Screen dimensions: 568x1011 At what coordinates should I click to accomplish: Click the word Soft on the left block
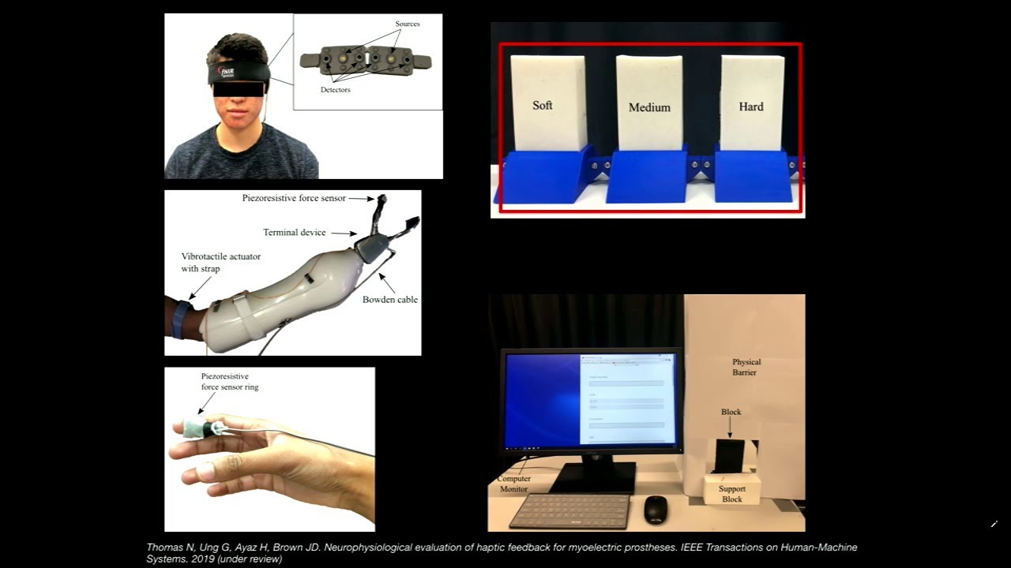(x=542, y=105)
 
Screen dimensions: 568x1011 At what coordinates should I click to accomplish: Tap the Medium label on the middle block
(x=649, y=107)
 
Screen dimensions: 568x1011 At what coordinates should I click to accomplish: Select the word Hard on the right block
(x=751, y=106)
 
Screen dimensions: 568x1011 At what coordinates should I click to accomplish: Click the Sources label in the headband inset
(x=408, y=24)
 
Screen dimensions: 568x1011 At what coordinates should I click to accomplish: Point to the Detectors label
(x=335, y=90)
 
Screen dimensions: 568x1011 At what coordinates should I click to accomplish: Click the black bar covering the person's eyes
(x=239, y=89)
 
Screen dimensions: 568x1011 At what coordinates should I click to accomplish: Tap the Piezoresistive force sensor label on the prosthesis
(x=294, y=198)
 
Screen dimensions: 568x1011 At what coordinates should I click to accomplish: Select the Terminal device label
(x=295, y=233)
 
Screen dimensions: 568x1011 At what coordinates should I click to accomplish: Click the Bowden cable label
(x=390, y=300)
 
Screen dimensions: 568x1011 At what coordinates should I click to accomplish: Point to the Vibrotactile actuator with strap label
(x=220, y=263)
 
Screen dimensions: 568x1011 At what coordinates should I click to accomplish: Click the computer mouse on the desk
(x=655, y=510)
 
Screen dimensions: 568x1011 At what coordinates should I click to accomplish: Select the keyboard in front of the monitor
(x=569, y=510)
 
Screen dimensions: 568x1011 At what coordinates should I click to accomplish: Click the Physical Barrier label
(x=746, y=367)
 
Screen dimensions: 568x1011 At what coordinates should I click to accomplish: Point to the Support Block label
(x=732, y=494)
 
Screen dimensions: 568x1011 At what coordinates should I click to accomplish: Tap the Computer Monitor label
(x=513, y=484)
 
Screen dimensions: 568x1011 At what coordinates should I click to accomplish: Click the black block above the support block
(x=729, y=456)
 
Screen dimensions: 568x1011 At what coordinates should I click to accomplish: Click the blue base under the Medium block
(x=647, y=177)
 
